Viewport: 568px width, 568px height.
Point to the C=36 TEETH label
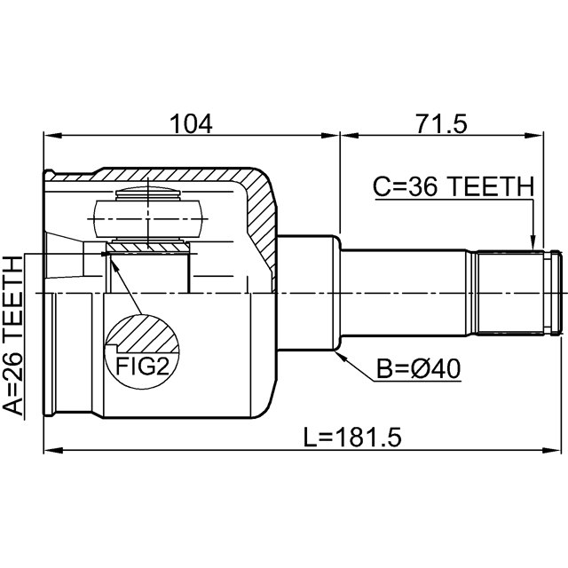[x=454, y=187]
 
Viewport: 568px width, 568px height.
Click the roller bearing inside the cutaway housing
[x=148, y=213]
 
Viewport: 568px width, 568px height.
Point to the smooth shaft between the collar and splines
[x=404, y=293]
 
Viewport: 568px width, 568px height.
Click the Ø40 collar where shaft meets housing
[x=308, y=293]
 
